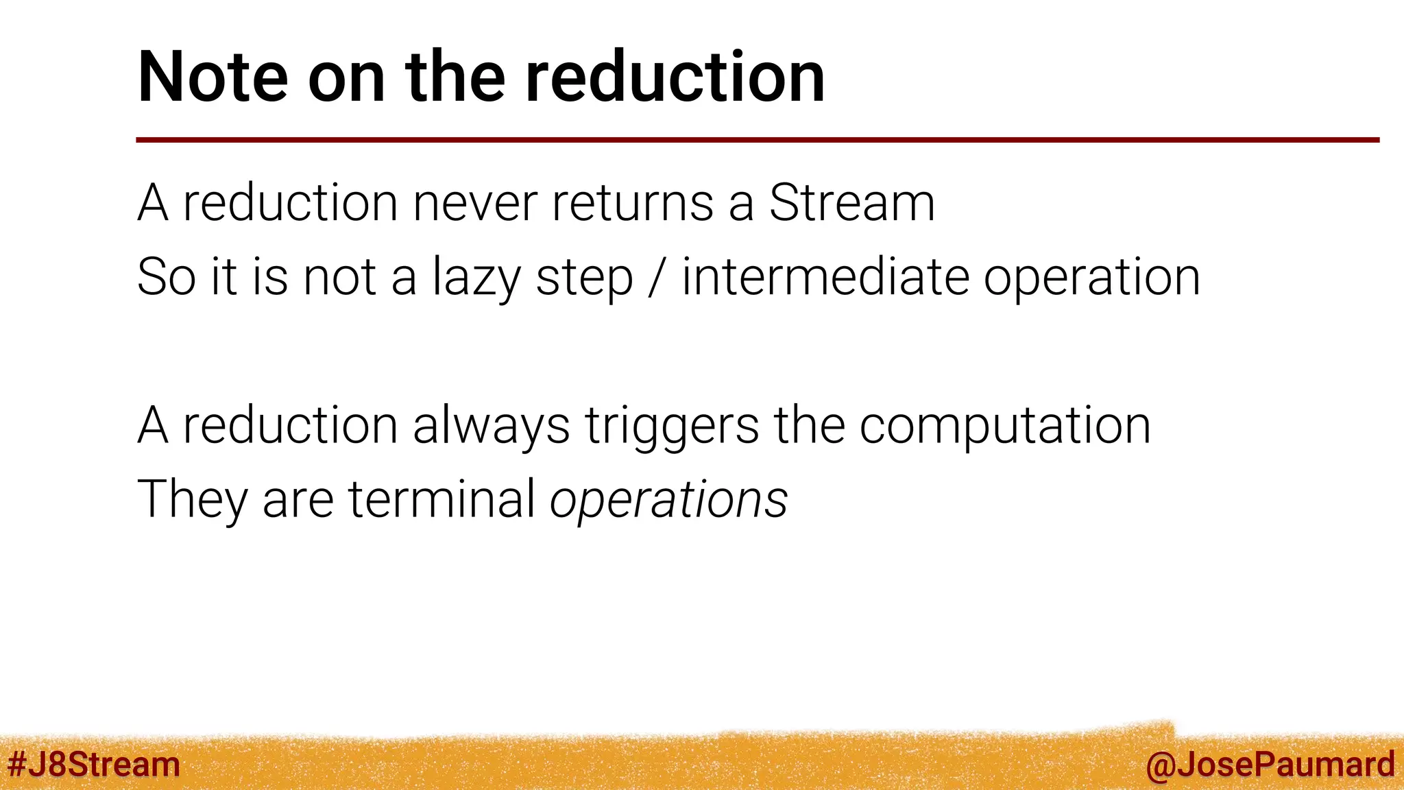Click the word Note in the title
pyautogui.click(x=213, y=77)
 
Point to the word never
pyautogui.click(x=474, y=204)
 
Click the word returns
pyautogui.click(x=632, y=204)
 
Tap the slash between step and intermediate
pyautogui.click(x=657, y=277)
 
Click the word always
pyautogui.click(x=491, y=426)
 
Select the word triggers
pyautogui.click(x=672, y=426)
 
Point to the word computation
pyautogui.click(x=1004, y=426)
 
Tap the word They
pyautogui.click(x=192, y=499)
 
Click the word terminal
pyautogui.click(x=442, y=499)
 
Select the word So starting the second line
pyautogui.click(x=166, y=277)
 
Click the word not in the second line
pyautogui.click(x=340, y=277)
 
